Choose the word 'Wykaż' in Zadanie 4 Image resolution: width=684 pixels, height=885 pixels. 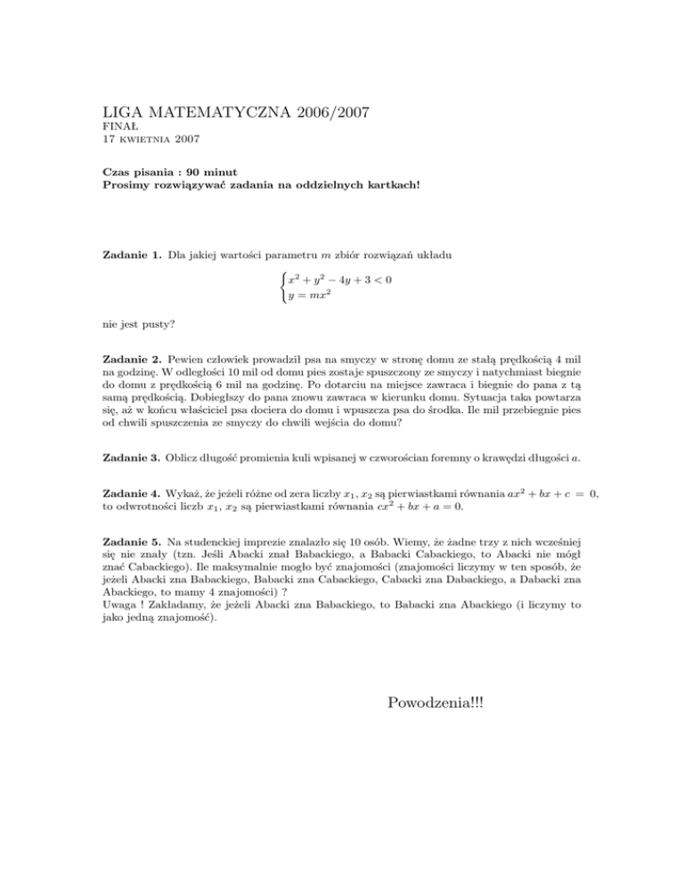[185, 496]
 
